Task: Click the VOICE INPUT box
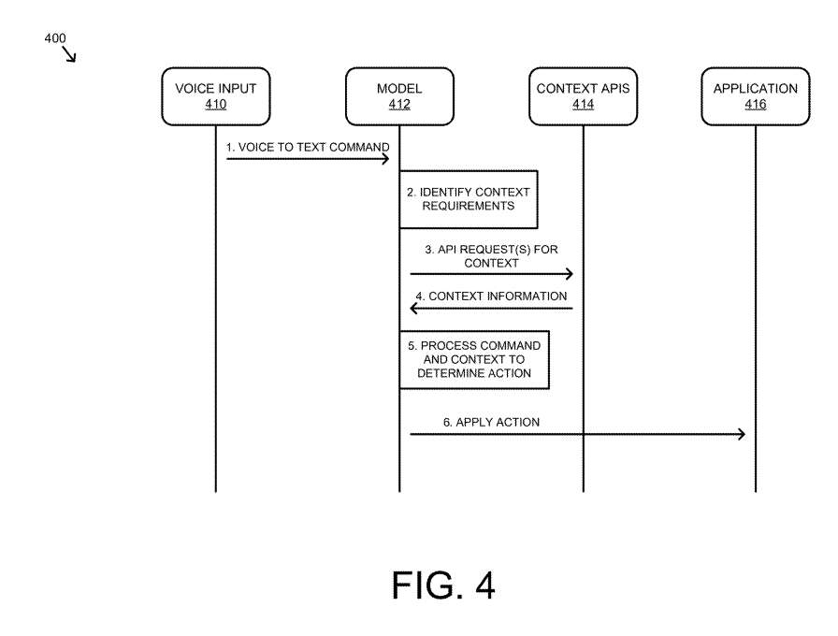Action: tap(215, 96)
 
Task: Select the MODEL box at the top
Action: tap(399, 96)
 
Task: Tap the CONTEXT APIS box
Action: tap(583, 96)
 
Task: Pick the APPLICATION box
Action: tap(755, 96)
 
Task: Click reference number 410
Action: tap(215, 105)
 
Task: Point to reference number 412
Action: tap(399, 105)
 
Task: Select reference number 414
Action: tap(583, 105)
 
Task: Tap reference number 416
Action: tap(755, 105)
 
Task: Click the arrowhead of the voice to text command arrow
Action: tap(384, 159)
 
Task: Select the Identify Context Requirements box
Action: tap(469, 199)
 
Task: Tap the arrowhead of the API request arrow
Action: tap(569, 274)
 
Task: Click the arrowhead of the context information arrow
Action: tap(414, 308)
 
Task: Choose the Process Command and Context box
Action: tap(473, 359)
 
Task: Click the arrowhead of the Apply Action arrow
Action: tap(741, 434)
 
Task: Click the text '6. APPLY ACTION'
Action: tap(491, 423)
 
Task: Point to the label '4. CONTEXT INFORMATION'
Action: tap(491, 296)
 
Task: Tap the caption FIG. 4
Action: tap(442, 585)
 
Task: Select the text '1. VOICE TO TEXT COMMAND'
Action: tap(307, 148)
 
